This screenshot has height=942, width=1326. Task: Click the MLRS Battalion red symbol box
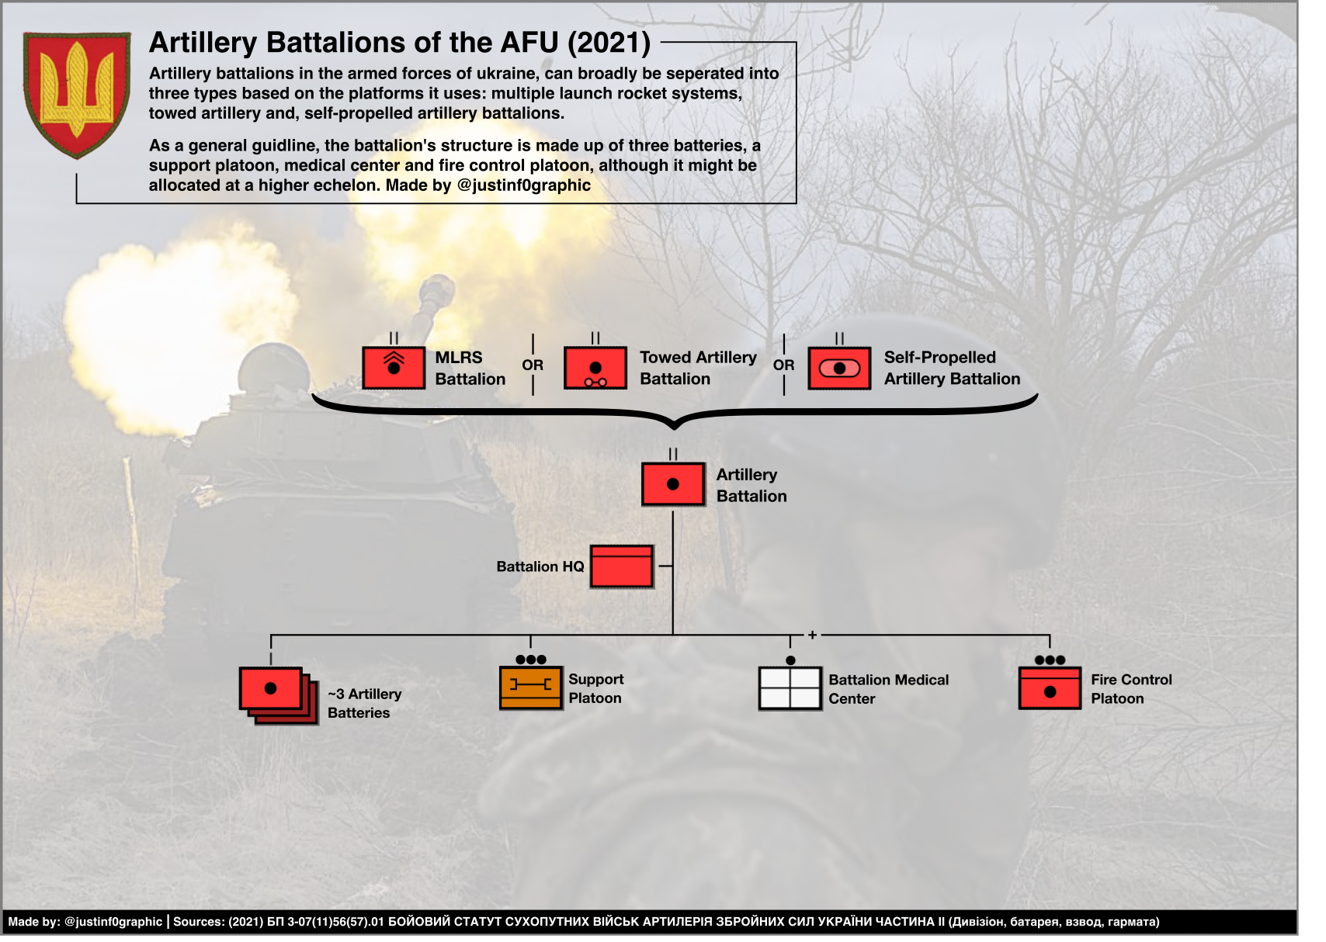point(394,368)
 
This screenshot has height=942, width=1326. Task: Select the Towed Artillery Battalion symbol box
point(595,368)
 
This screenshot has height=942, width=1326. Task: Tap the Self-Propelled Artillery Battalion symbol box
point(839,368)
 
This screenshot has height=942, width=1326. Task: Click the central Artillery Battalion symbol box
point(673,484)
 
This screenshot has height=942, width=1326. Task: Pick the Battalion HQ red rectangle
point(621,566)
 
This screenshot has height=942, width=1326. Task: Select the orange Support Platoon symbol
point(530,687)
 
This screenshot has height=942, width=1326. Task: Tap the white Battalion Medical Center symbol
point(790,688)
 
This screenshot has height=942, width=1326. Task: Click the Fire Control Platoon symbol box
point(1050,688)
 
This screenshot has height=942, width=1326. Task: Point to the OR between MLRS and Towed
point(533,365)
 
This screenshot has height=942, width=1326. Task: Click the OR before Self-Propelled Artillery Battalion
point(783,365)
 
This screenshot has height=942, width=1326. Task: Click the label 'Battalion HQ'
point(540,566)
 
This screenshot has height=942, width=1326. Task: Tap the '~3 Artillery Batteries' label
point(364,703)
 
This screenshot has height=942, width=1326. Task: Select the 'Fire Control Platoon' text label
point(1130,689)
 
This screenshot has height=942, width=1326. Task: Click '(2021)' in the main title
point(609,43)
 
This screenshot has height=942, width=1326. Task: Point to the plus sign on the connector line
point(812,635)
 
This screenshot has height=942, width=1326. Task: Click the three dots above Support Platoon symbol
point(531,660)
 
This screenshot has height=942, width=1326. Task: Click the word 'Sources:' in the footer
point(198,922)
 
